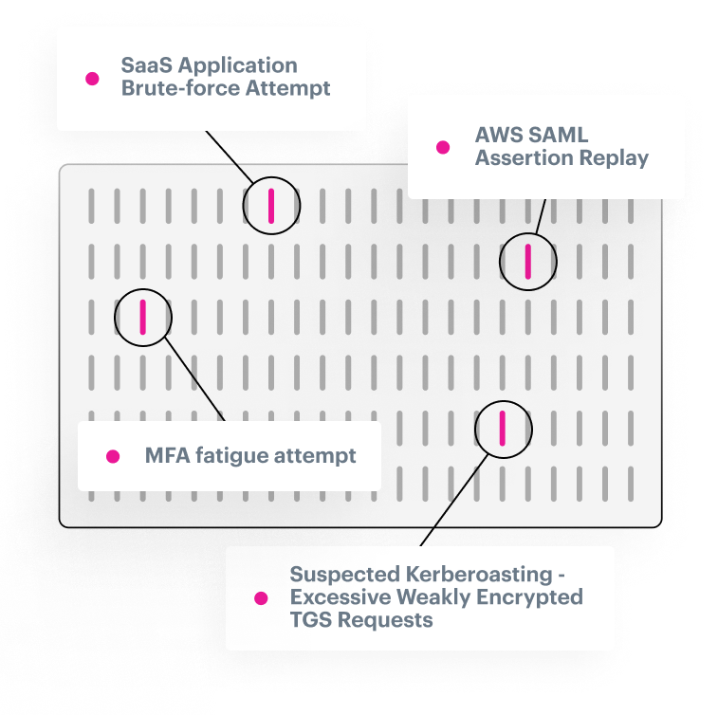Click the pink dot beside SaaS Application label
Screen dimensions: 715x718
[92, 79]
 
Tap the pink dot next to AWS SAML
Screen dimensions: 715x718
[442, 147]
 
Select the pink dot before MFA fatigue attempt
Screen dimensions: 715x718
[113, 456]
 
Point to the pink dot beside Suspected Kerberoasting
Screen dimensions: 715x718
[260, 598]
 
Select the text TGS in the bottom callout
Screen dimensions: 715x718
[309, 620]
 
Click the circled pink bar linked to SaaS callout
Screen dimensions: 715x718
[270, 205]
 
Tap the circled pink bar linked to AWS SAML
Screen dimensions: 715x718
[528, 261]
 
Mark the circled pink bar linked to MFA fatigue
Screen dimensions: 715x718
[142, 318]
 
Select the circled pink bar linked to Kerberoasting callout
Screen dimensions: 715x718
[503, 429]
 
